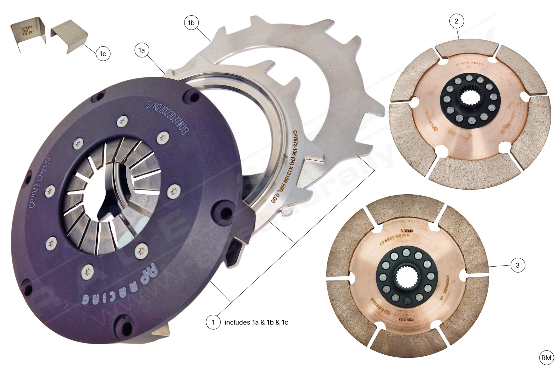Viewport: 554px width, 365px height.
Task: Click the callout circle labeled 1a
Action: point(142,50)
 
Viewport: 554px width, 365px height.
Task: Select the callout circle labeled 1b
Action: point(191,23)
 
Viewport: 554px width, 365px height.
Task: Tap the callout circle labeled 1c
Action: point(103,54)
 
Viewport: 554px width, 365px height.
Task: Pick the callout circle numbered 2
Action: point(456,21)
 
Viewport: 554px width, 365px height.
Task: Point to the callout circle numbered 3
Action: point(518,265)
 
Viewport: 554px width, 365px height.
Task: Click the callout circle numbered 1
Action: point(213,322)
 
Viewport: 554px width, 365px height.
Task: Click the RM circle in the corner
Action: point(546,358)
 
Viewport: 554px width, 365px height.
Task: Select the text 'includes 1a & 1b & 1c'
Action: point(256,322)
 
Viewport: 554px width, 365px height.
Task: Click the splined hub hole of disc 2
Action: point(470,100)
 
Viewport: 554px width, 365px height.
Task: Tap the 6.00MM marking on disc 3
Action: point(407,231)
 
